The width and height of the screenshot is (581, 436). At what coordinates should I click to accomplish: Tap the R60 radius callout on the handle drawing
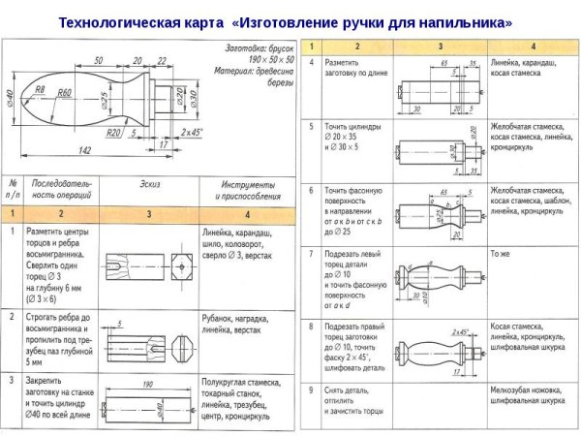(65, 93)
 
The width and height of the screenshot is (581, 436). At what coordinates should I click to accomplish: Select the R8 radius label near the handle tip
(40, 89)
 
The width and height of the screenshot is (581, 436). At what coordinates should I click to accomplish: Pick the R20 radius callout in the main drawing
(114, 132)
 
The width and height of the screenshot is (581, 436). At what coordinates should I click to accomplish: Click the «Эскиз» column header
(150, 183)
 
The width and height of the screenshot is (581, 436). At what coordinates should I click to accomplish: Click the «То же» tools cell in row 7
(501, 254)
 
